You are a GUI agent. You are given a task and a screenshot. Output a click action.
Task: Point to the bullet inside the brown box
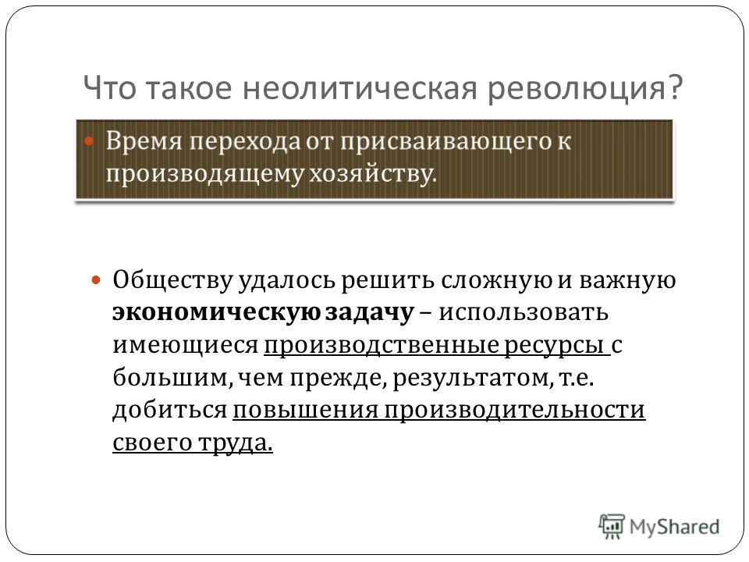[89, 141]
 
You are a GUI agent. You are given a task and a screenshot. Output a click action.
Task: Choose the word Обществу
[172, 281]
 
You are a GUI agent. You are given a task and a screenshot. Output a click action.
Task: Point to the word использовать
[524, 312]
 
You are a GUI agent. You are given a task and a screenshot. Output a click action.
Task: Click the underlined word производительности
[515, 410]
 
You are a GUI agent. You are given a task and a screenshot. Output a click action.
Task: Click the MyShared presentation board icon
[612, 527]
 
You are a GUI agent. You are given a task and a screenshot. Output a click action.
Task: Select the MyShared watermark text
[674, 527]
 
